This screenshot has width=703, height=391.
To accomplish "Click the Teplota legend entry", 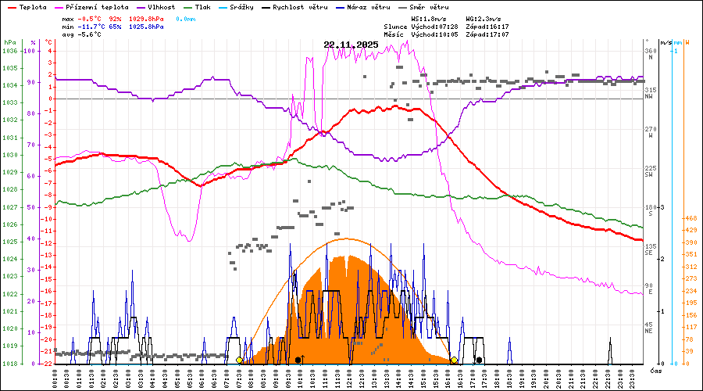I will coord(33,6).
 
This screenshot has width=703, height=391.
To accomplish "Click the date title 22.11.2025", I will coord(351,45).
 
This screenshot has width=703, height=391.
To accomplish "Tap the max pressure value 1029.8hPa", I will coord(147,18).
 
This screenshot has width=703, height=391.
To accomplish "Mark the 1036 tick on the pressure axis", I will coord(9,52).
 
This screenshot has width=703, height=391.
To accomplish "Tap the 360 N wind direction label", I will coord(648,52).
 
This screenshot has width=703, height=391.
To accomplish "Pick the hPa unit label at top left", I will coord(9,42).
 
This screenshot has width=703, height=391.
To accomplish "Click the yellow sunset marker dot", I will coord(454,360).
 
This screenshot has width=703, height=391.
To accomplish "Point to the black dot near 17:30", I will coord(479,360).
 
